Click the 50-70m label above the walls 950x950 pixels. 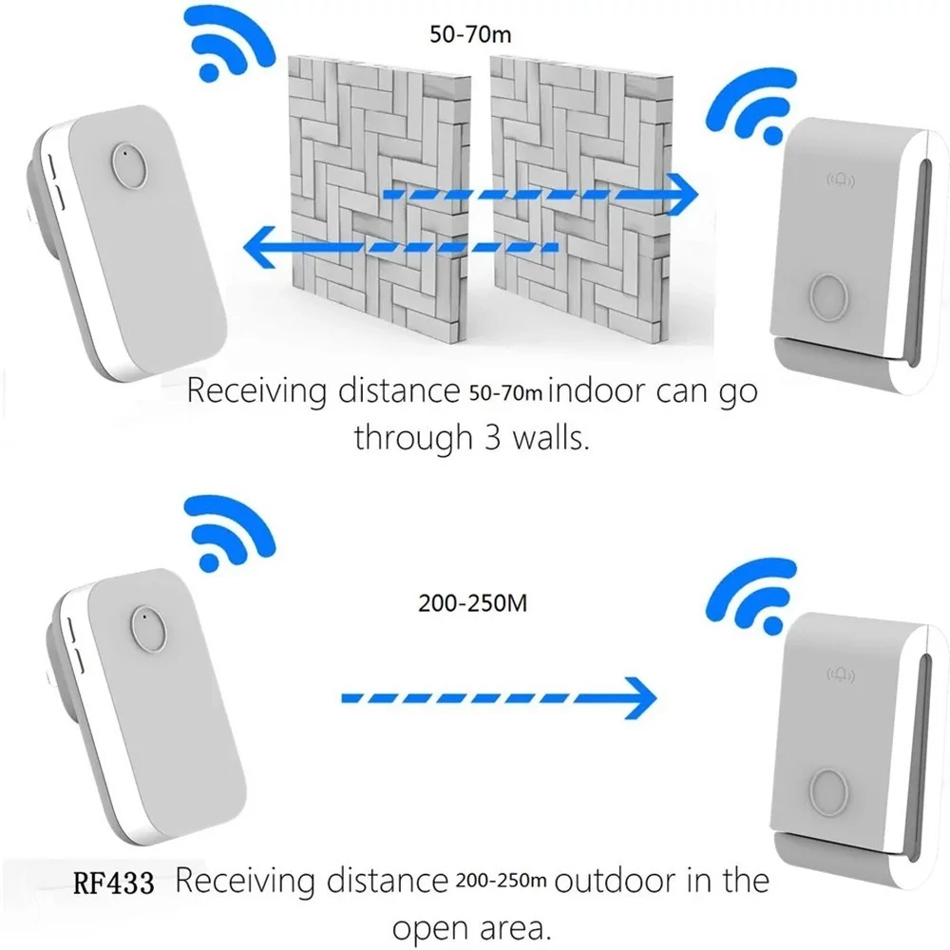[x=470, y=34]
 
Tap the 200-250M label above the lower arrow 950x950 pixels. [x=472, y=603]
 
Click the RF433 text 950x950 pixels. [x=113, y=883]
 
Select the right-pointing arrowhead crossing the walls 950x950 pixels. [x=681, y=195]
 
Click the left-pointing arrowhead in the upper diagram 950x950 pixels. [x=260, y=247]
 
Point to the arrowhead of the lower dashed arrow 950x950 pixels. [x=639, y=698]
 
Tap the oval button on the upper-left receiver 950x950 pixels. [x=129, y=164]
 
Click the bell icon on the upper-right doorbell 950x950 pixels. [x=841, y=180]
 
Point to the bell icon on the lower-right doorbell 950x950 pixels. [x=841, y=674]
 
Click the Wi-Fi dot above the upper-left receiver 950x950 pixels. [x=209, y=72]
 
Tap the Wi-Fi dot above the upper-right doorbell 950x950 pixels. [x=771, y=135]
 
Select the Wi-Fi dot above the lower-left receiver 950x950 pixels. [x=209, y=561]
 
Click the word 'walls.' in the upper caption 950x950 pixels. [x=551, y=437]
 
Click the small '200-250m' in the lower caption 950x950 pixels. [x=501, y=881]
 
